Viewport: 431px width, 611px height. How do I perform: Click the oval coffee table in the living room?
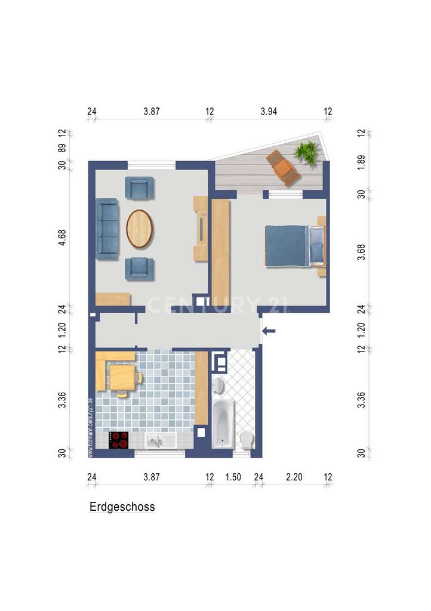click(x=139, y=229)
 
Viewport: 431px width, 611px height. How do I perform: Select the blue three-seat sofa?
click(x=107, y=229)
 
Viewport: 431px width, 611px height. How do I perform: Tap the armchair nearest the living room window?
click(x=139, y=188)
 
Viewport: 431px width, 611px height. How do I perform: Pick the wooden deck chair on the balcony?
click(x=282, y=167)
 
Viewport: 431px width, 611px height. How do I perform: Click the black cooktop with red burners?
click(x=119, y=440)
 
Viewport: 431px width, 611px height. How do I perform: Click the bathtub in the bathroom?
click(x=224, y=424)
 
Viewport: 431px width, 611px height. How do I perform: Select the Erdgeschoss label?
click(x=122, y=507)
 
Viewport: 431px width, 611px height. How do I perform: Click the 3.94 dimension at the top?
click(x=269, y=111)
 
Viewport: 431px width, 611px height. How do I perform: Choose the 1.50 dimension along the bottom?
click(x=233, y=477)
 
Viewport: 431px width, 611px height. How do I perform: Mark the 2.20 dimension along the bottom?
click(x=294, y=477)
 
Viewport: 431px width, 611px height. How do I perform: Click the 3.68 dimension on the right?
click(x=360, y=253)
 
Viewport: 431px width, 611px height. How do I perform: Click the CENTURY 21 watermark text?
click(x=218, y=305)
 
